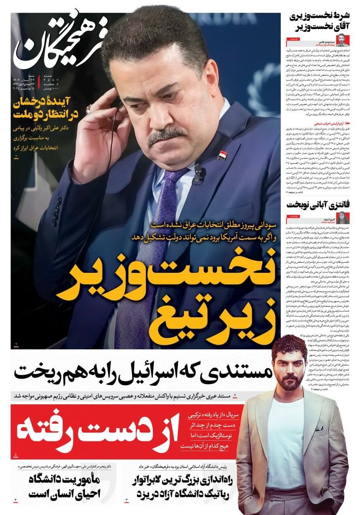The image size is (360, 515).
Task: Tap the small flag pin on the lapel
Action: coord(221,155)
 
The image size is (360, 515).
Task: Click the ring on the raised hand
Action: coord(88,108)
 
